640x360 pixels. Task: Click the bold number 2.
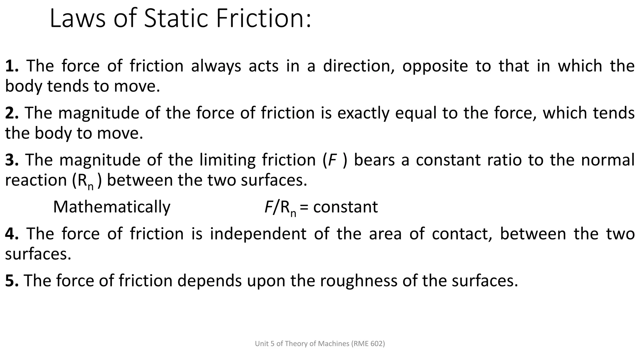click(12, 113)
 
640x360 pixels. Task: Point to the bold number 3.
click(12, 160)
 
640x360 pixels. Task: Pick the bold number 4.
click(12, 234)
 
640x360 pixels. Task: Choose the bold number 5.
click(12, 281)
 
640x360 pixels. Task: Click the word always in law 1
click(216, 66)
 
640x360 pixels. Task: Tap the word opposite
click(435, 66)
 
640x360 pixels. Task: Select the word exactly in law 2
click(363, 113)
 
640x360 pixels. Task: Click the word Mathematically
click(112, 207)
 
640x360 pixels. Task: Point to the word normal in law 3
click(607, 160)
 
